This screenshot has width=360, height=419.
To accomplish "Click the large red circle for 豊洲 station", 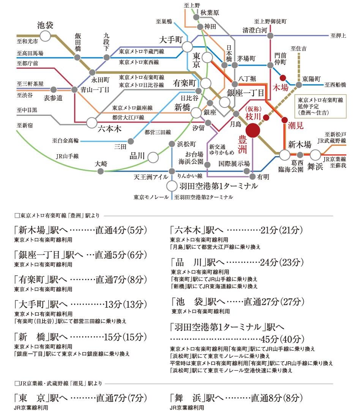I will (253, 131).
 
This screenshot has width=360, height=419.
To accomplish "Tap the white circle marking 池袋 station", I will (46, 36).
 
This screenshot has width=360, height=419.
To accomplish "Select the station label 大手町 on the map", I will (172, 40).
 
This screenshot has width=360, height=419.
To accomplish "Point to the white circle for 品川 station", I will (153, 157).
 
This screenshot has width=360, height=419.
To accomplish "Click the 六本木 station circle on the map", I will (92, 122).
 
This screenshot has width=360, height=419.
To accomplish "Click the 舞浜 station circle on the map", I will (315, 155).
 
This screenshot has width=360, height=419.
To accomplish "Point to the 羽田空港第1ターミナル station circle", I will (172, 186).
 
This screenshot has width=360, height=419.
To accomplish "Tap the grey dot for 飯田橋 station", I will (77, 58).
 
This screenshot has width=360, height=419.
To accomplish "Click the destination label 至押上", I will (338, 36).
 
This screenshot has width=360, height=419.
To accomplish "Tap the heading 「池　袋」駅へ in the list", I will (197, 302).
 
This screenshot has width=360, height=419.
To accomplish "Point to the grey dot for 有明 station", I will (253, 177).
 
